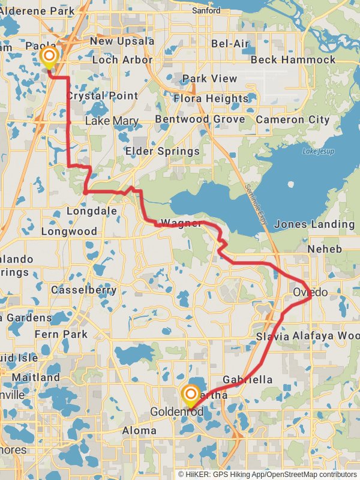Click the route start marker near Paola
(x=49, y=58)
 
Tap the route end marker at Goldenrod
(x=191, y=394)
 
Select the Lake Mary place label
(x=112, y=121)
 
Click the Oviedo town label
(x=311, y=292)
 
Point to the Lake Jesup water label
(x=317, y=151)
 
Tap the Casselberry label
(x=83, y=290)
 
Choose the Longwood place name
(x=69, y=231)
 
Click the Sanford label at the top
(x=206, y=10)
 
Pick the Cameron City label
(x=293, y=119)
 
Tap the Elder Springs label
(x=162, y=151)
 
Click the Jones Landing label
(x=314, y=224)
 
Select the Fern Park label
(x=61, y=334)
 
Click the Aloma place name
(x=139, y=431)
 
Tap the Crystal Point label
(x=101, y=96)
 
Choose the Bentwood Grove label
(x=200, y=119)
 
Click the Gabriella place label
(x=247, y=380)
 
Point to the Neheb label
(x=324, y=248)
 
